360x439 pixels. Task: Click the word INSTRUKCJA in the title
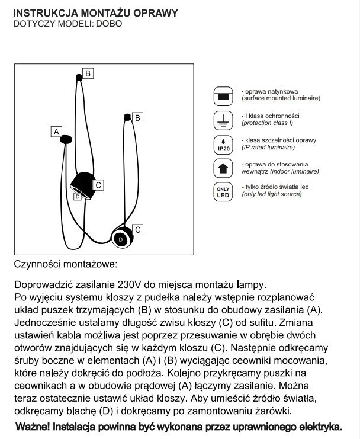click(41, 13)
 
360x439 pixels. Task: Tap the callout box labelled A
click(57, 131)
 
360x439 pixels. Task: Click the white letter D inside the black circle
click(121, 239)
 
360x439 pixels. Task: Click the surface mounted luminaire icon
click(223, 96)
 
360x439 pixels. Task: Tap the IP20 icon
click(223, 145)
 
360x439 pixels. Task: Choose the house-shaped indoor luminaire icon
click(223, 168)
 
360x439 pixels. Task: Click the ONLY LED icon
click(223, 192)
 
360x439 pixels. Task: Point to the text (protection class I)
click(266, 123)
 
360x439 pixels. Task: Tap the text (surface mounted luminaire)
click(281, 100)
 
